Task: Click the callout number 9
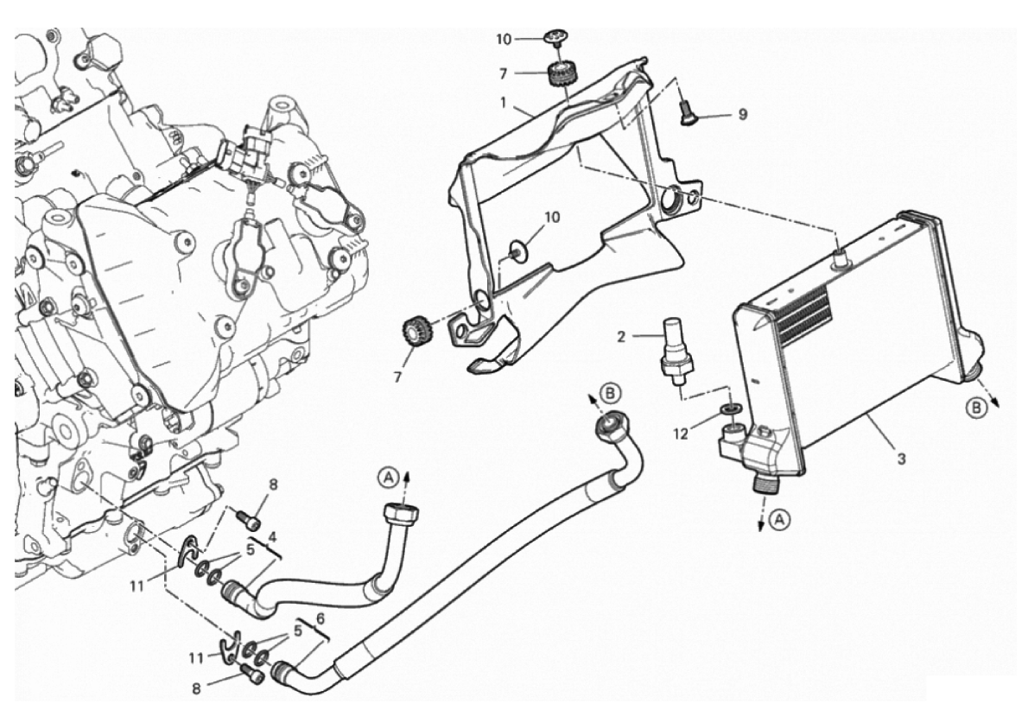click(x=742, y=114)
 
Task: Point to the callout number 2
click(x=621, y=337)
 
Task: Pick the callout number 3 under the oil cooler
click(x=902, y=459)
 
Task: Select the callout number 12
click(x=682, y=434)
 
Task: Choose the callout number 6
click(x=320, y=618)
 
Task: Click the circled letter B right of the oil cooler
click(x=976, y=408)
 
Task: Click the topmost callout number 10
click(x=503, y=40)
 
